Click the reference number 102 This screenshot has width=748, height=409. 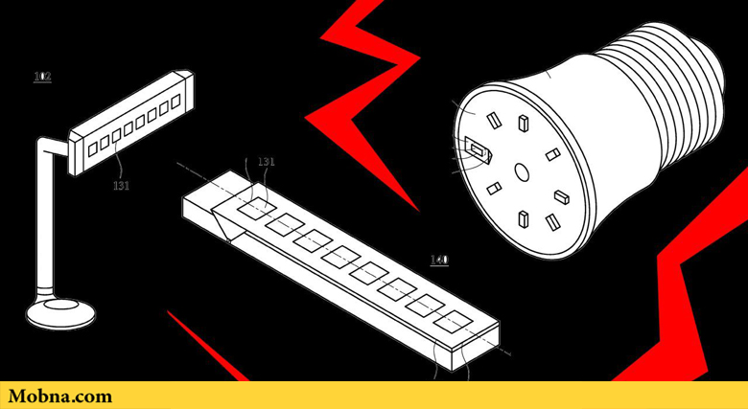[42, 77]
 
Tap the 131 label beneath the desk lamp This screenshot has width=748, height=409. [121, 185]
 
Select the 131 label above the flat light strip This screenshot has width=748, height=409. [267, 162]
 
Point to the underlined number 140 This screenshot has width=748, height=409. [439, 260]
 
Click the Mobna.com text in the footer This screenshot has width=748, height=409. [60, 397]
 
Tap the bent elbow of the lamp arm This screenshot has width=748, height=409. [49, 146]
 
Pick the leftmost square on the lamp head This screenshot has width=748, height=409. [93, 149]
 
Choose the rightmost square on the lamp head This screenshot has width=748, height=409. [175, 102]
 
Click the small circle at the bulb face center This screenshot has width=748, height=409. [522, 171]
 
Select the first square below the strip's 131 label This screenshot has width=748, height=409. [257, 209]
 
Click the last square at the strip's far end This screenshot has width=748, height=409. [454, 322]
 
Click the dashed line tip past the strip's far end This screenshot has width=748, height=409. [509, 354]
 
